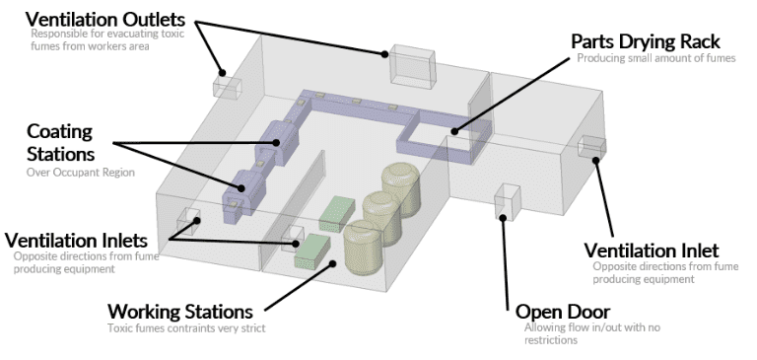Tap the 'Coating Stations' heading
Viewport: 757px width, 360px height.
pyautogui.click(x=60, y=143)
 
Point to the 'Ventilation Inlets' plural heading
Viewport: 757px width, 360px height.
pyautogui.click(x=76, y=240)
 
